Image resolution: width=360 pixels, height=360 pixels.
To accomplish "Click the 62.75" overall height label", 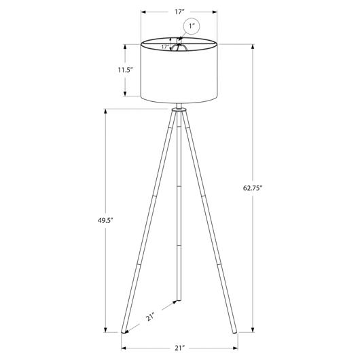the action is [x=253, y=188].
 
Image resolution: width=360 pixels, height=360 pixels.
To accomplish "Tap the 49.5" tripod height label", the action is [x=105, y=221].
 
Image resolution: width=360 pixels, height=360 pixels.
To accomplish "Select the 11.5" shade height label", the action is [x=126, y=70].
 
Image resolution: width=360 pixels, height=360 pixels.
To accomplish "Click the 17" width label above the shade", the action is [x=179, y=12].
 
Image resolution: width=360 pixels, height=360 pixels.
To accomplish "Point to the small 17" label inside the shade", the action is [x=165, y=47].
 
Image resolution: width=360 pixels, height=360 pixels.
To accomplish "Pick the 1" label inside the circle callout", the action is [x=192, y=26].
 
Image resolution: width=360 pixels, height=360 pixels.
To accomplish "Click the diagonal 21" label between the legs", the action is [x=150, y=317].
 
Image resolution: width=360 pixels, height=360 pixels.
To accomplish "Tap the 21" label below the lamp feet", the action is [x=180, y=348].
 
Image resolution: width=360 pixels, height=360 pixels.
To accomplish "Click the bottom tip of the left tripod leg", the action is [x=124, y=332].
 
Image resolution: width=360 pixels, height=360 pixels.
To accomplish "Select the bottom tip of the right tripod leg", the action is [x=234, y=332].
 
